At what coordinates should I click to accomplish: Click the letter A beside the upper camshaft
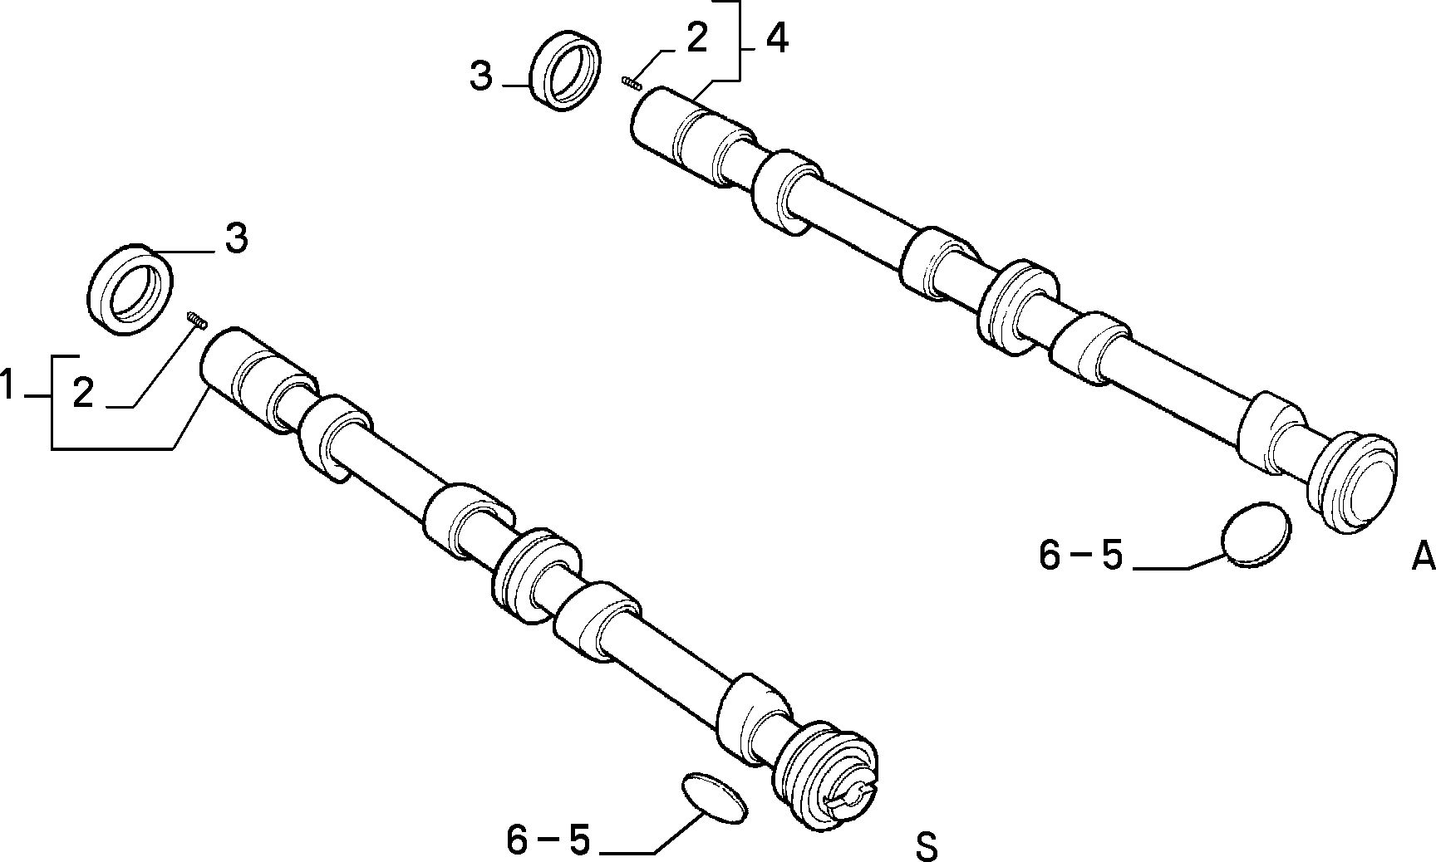[1424, 556]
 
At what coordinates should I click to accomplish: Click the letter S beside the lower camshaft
[926, 846]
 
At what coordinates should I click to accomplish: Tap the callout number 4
[775, 38]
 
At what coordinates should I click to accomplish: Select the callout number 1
[7, 386]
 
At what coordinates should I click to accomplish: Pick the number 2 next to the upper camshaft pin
[696, 39]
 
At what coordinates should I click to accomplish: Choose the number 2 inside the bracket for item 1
[82, 393]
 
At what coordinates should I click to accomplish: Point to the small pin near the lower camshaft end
[196, 320]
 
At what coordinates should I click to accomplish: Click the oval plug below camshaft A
[1256, 533]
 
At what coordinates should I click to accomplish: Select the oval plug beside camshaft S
[714, 799]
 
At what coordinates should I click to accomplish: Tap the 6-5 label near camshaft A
[1080, 556]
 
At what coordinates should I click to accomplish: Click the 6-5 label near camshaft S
[548, 840]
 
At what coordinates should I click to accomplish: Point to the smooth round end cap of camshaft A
[1355, 482]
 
